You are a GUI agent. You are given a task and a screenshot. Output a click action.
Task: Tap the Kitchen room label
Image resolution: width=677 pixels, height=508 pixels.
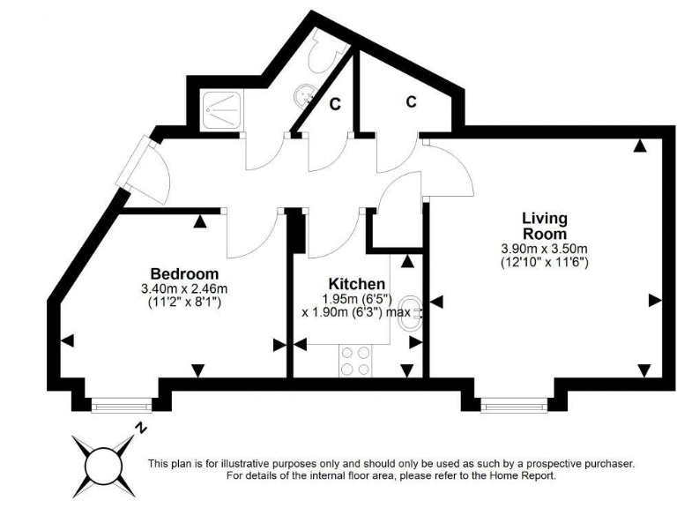pyautogui.click(x=356, y=284)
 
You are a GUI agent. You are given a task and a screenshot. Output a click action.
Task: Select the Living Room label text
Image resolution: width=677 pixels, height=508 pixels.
pyautogui.click(x=544, y=226)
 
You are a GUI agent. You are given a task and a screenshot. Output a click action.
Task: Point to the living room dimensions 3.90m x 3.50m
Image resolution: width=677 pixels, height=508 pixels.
pyautogui.click(x=544, y=248)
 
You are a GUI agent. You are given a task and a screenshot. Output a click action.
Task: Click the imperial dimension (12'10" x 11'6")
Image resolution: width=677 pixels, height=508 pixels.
pyautogui.click(x=544, y=262)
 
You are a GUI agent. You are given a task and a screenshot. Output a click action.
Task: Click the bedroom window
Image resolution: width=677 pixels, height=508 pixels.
pyautogui.click(x=121, y=405)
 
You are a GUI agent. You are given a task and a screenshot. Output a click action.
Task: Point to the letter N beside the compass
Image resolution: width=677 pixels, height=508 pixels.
pyautogui.click(x=141, y=430)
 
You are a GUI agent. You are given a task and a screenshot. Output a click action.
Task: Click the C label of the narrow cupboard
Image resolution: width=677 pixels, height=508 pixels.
pyautogui.click(x=335, y=104)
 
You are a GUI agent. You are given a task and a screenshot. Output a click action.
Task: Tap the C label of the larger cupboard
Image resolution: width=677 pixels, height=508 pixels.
pyautogui.click(x=411, y=102)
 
